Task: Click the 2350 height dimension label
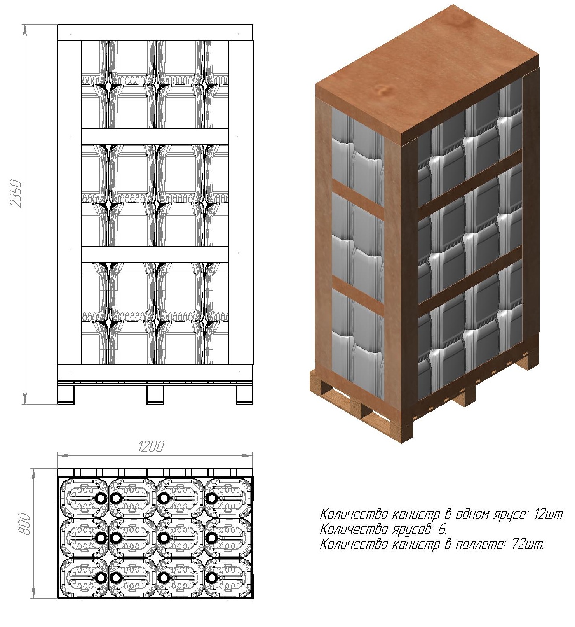[16, 194]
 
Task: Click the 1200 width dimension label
[151, 447]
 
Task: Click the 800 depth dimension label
[24, 524]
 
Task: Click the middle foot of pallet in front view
[155, 395]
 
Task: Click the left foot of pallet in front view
[66, 395]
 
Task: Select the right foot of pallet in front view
[244, 395]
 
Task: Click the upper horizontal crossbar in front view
[155, 136]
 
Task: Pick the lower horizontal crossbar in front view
[155, 254]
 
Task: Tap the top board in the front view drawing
[155, 32]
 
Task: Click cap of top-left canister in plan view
[101, 498]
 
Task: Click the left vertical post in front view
[70, 202]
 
